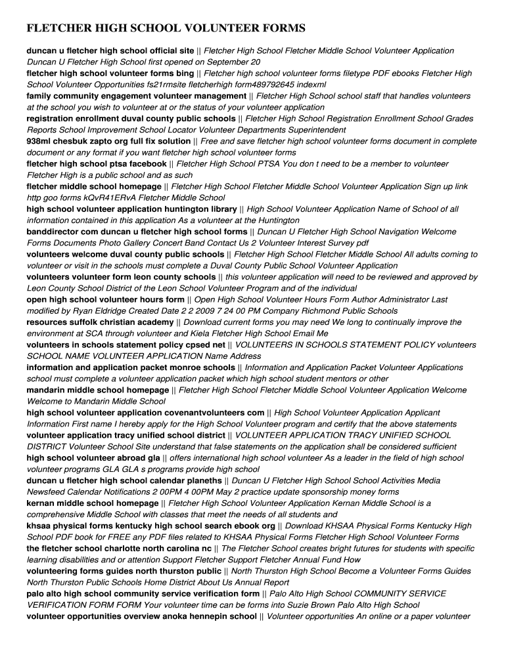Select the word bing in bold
185,73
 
